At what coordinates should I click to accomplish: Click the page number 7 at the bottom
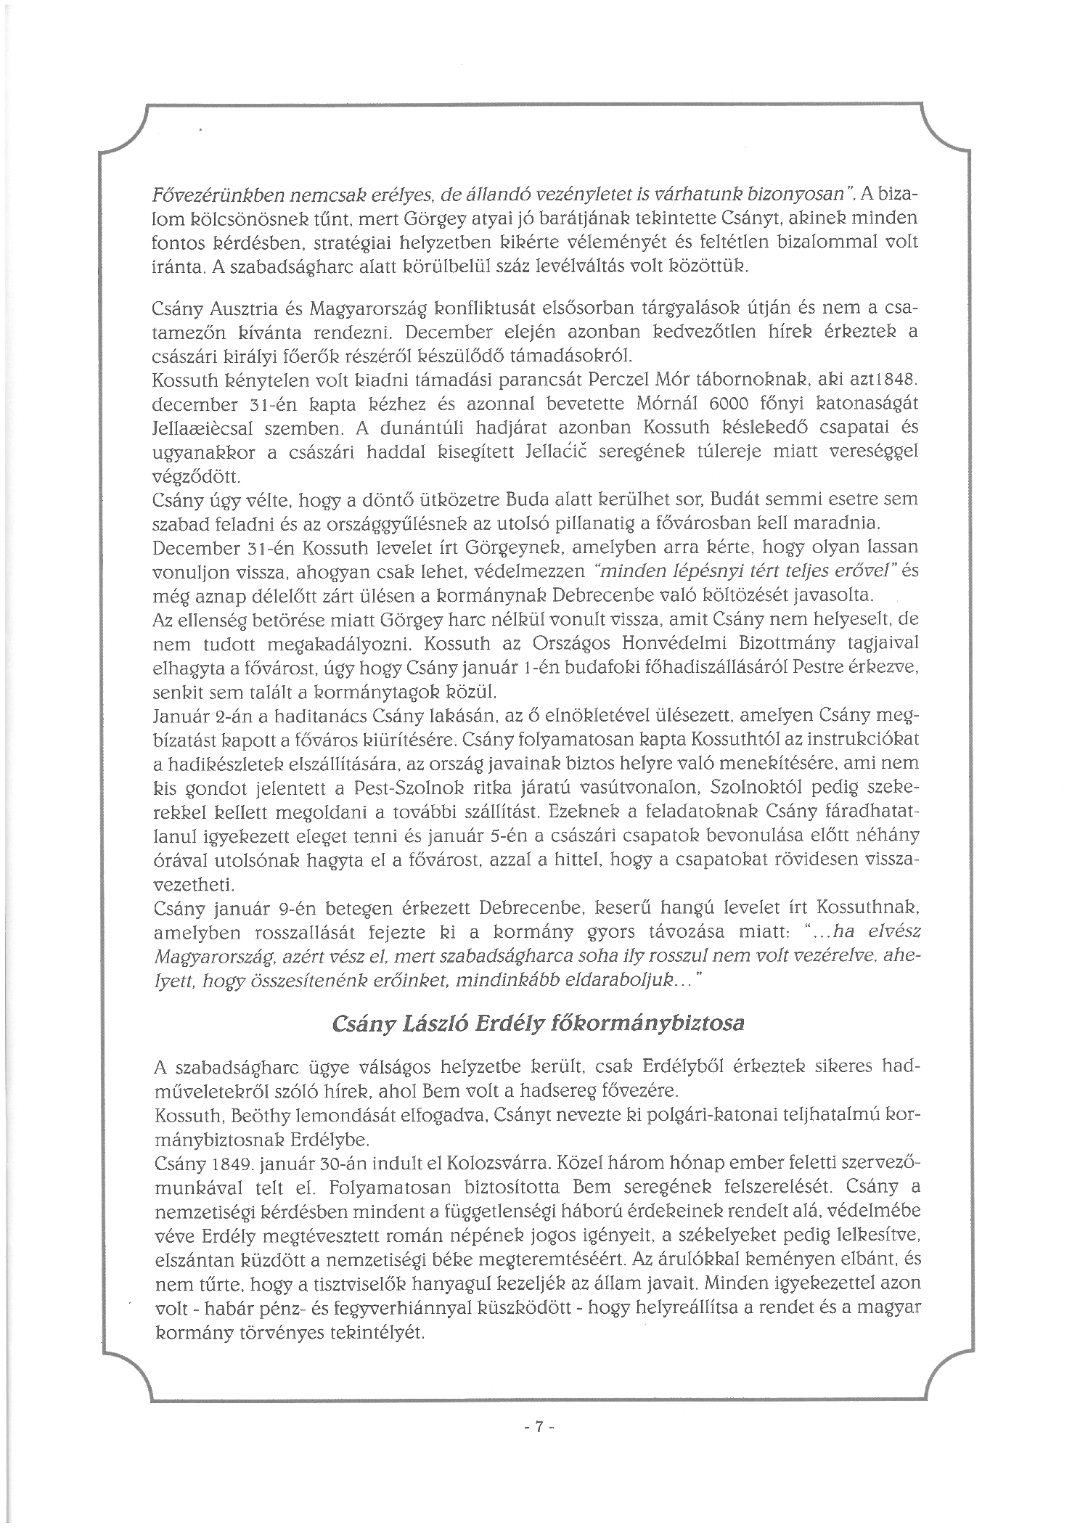(x=539, y=1427)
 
